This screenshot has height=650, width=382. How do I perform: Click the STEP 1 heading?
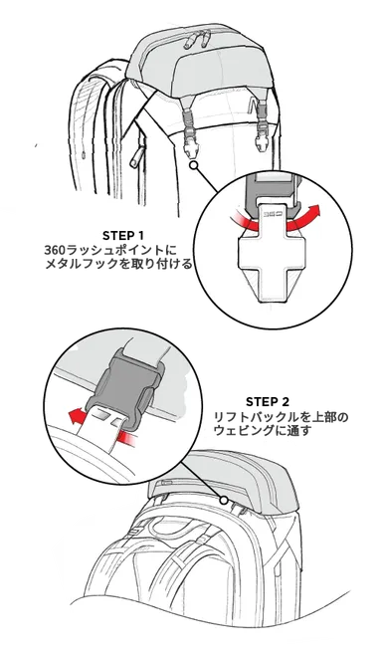123,235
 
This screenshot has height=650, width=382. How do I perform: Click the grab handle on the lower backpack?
185,510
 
